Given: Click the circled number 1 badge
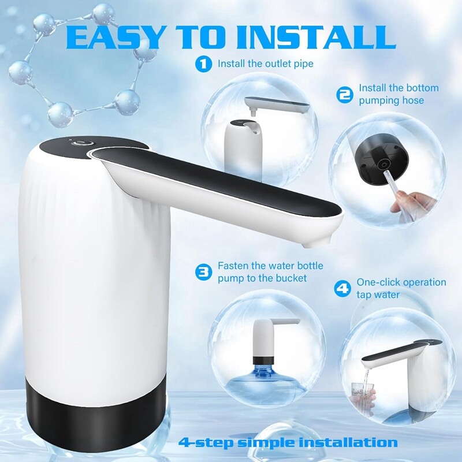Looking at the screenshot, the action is click(x=204, y=64).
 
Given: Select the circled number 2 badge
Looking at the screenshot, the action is click(x=344, y=95).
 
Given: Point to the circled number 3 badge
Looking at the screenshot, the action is click(x=204, y=272).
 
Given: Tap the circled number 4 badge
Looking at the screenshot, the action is click(x=342, y=288).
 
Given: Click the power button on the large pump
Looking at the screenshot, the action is click(x=80, y=143).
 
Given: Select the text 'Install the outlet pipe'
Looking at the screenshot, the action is click(x=266, y=64).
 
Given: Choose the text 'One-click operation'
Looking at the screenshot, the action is click(x=401, y=282).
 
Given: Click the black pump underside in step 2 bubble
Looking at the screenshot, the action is click(x=382, y=160).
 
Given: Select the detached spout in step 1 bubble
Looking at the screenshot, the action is click(x=277, y=106).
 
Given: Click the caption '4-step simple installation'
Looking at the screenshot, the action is click(x=288, y=442).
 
